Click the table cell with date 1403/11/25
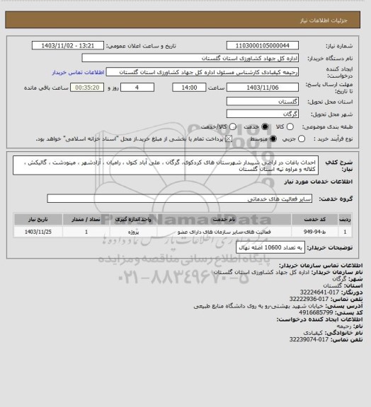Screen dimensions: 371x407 tap(38, 230)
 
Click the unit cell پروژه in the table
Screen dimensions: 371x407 tap(139, 230)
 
